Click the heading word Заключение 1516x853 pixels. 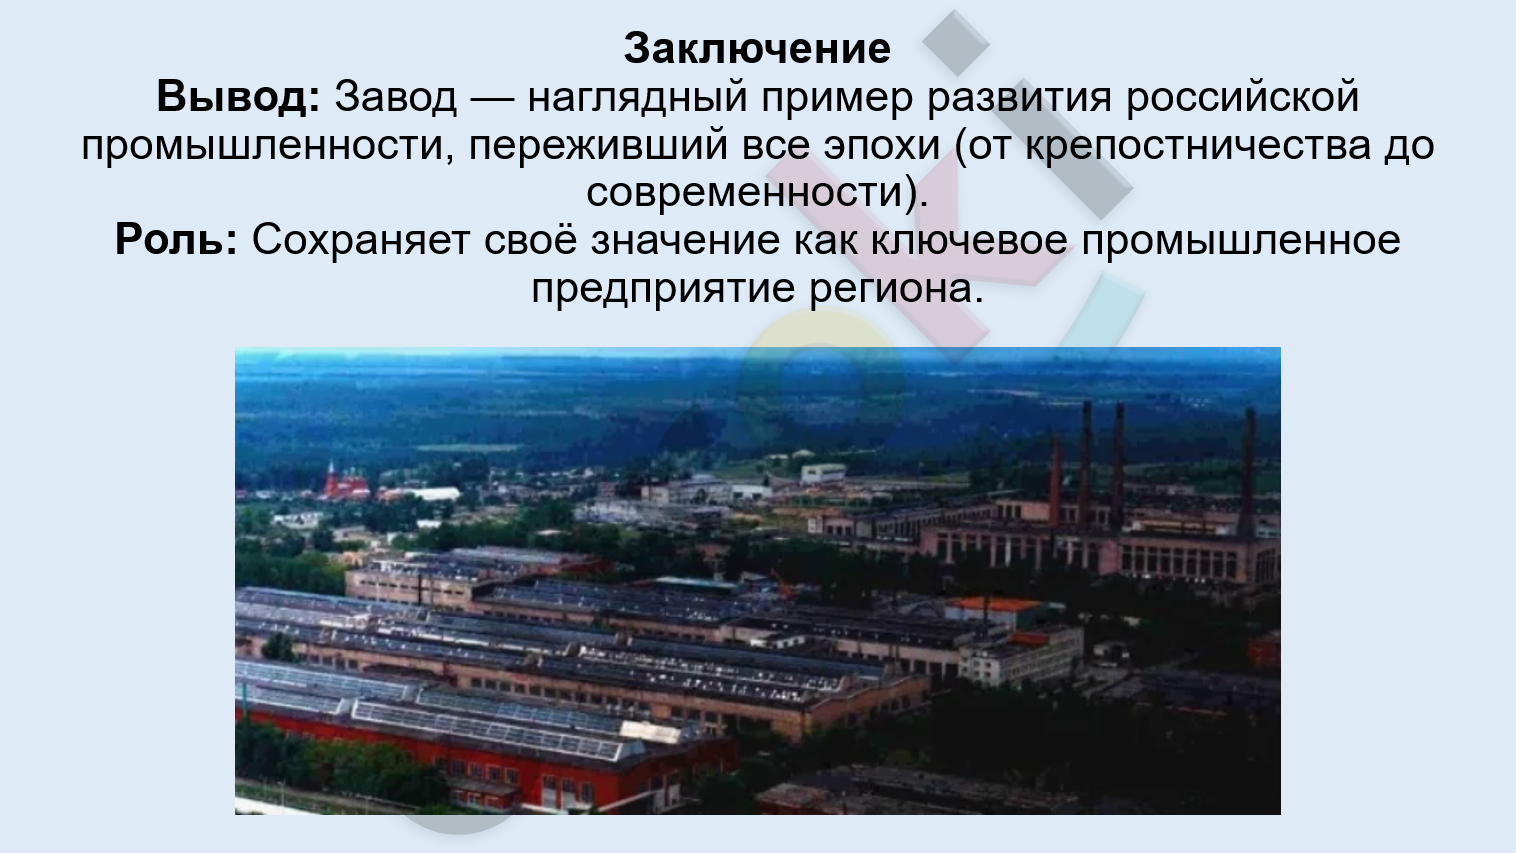[757, 49]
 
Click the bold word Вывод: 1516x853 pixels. [238, 97]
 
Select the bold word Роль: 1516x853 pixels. [176, 240]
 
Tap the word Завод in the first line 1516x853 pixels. [396, 97]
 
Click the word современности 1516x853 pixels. [745, 193]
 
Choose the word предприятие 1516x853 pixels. [663, 290]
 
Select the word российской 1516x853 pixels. [1243, 97]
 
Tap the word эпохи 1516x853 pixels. [881, 146]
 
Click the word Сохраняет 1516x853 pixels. [361, 240]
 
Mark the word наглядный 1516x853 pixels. [637, 98]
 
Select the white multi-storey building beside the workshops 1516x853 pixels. [1022, 655]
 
